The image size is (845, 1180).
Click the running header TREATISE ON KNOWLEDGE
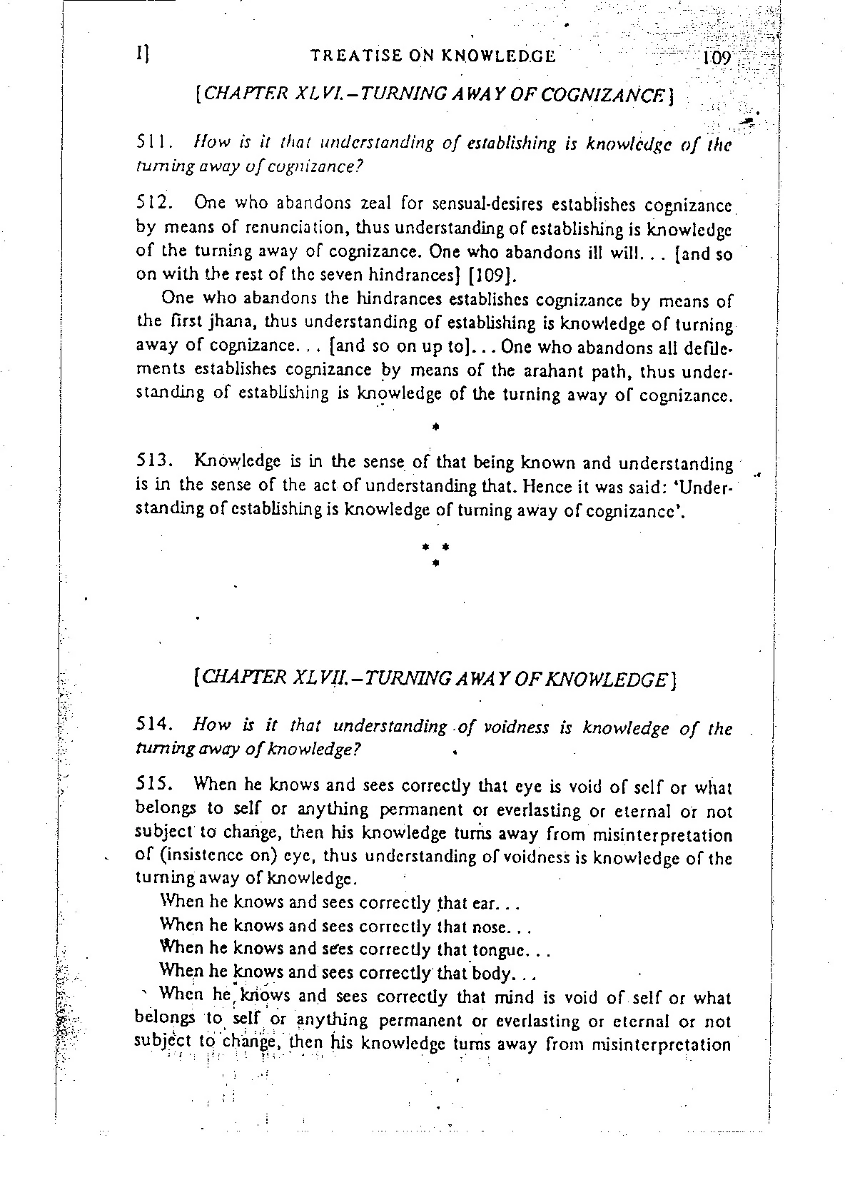pos(433,56)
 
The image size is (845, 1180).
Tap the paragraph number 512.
pos(151,203)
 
